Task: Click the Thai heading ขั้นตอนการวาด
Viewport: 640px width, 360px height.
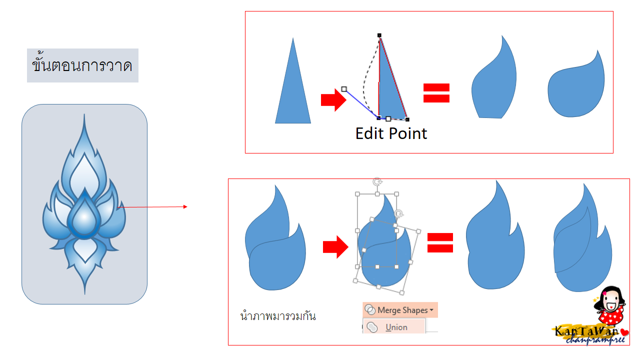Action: [82, 65]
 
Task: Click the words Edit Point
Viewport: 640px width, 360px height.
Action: [391, 133]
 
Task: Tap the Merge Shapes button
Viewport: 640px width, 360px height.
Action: [400, 310]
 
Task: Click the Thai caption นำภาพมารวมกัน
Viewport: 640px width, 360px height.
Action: [278, 316]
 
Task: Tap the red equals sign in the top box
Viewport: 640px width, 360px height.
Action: [436, 93]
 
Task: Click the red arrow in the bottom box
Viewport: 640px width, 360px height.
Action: [335, 246]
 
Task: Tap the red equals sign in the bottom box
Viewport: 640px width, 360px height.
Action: [440, 243]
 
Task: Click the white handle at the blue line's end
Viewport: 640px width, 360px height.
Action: [344, 89]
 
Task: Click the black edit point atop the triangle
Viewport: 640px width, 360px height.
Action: [379, 35]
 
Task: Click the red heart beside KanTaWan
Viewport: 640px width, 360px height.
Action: [625, 330]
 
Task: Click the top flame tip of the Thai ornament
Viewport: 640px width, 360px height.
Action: [84, 125]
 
